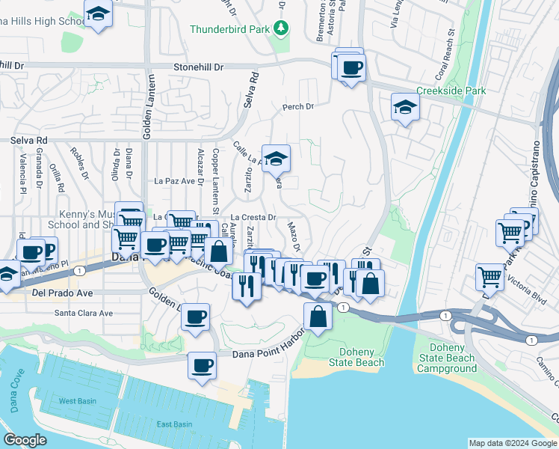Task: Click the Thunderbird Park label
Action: [x=229, y=30]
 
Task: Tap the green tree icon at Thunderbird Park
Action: [x=282, y=29]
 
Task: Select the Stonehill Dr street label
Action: [x=199, y=67]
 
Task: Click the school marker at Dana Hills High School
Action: [x=98, y=16]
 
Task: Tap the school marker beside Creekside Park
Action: [x=405, y=108]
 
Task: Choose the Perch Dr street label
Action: [x=298, y=107]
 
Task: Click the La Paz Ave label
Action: [x=169, y=181]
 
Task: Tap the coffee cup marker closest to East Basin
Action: [x=202, y=366]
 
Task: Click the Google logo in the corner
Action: [x=25, y=440]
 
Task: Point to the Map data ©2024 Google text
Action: [x=512, y=443]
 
